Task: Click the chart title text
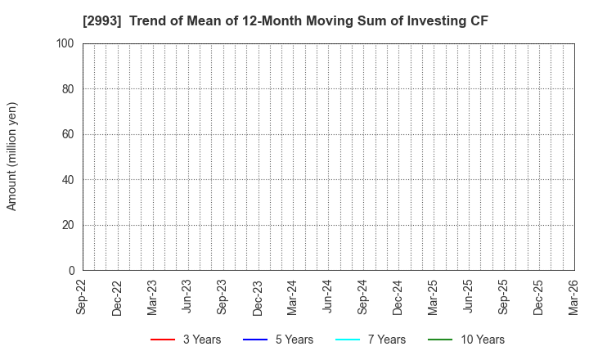tap(286, 21)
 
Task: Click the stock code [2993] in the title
tap(101, 21)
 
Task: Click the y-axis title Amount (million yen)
tap(12, 156)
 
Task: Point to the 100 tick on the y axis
tap(67, 43)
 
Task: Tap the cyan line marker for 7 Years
tap(348, 340)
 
